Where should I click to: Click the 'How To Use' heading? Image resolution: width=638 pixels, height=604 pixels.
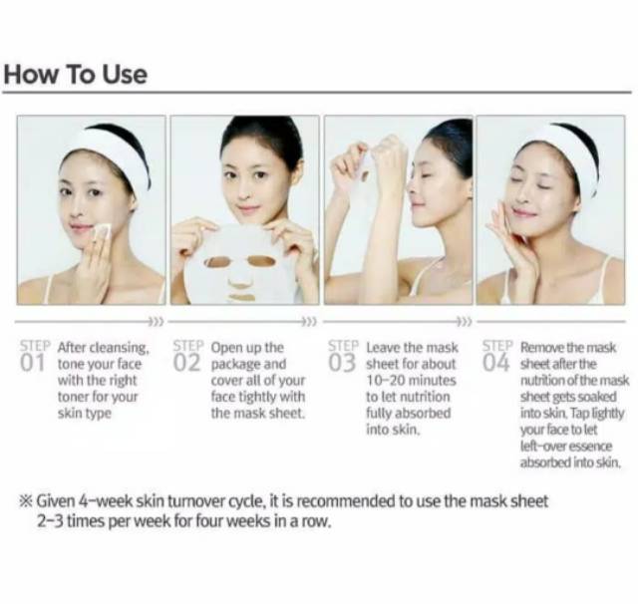(x=76, y=75)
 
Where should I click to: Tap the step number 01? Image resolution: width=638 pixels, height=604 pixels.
(x=32, y=363)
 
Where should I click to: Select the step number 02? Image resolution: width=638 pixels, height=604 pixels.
(x=186, y=363)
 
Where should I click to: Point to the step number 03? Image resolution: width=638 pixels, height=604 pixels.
(x=342, y=363)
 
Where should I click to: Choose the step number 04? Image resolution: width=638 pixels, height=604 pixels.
(x=496, y=363)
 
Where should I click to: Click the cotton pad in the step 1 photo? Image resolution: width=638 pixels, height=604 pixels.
(x=102, y=231)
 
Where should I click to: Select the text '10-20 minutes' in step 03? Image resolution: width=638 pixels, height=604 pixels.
(x=411, y=381)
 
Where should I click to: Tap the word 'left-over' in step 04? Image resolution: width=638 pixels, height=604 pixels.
(x=542, y=447)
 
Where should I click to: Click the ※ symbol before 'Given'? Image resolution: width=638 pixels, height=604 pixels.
(x=26, y=500)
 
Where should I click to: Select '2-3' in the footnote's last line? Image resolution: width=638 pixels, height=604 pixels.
(x=50, y=521)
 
